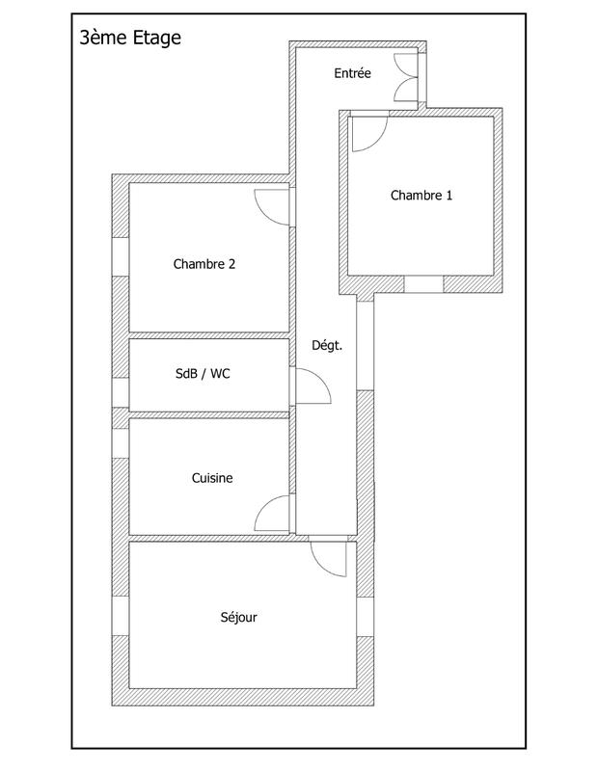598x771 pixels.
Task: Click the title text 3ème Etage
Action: [130, 39]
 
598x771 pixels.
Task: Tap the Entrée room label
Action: [352, 73]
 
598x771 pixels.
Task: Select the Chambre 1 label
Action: [421, 196]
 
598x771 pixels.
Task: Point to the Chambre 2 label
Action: [204, 264]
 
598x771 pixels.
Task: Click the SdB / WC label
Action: [203, 375]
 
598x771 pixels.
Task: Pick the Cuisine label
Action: [212, 477]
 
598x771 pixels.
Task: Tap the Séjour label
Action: [239, 618]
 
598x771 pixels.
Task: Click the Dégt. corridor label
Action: [327, 344]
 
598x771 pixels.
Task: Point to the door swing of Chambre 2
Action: [272, 204]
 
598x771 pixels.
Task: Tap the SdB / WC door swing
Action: [313, 387]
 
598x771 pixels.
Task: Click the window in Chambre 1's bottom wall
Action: [423, 284]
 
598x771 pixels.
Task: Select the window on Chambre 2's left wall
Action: [121, 256]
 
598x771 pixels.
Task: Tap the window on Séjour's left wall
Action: [121, 617]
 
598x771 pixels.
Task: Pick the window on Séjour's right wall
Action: [365, 617]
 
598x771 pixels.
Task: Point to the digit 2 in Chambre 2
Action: [231, 264]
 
